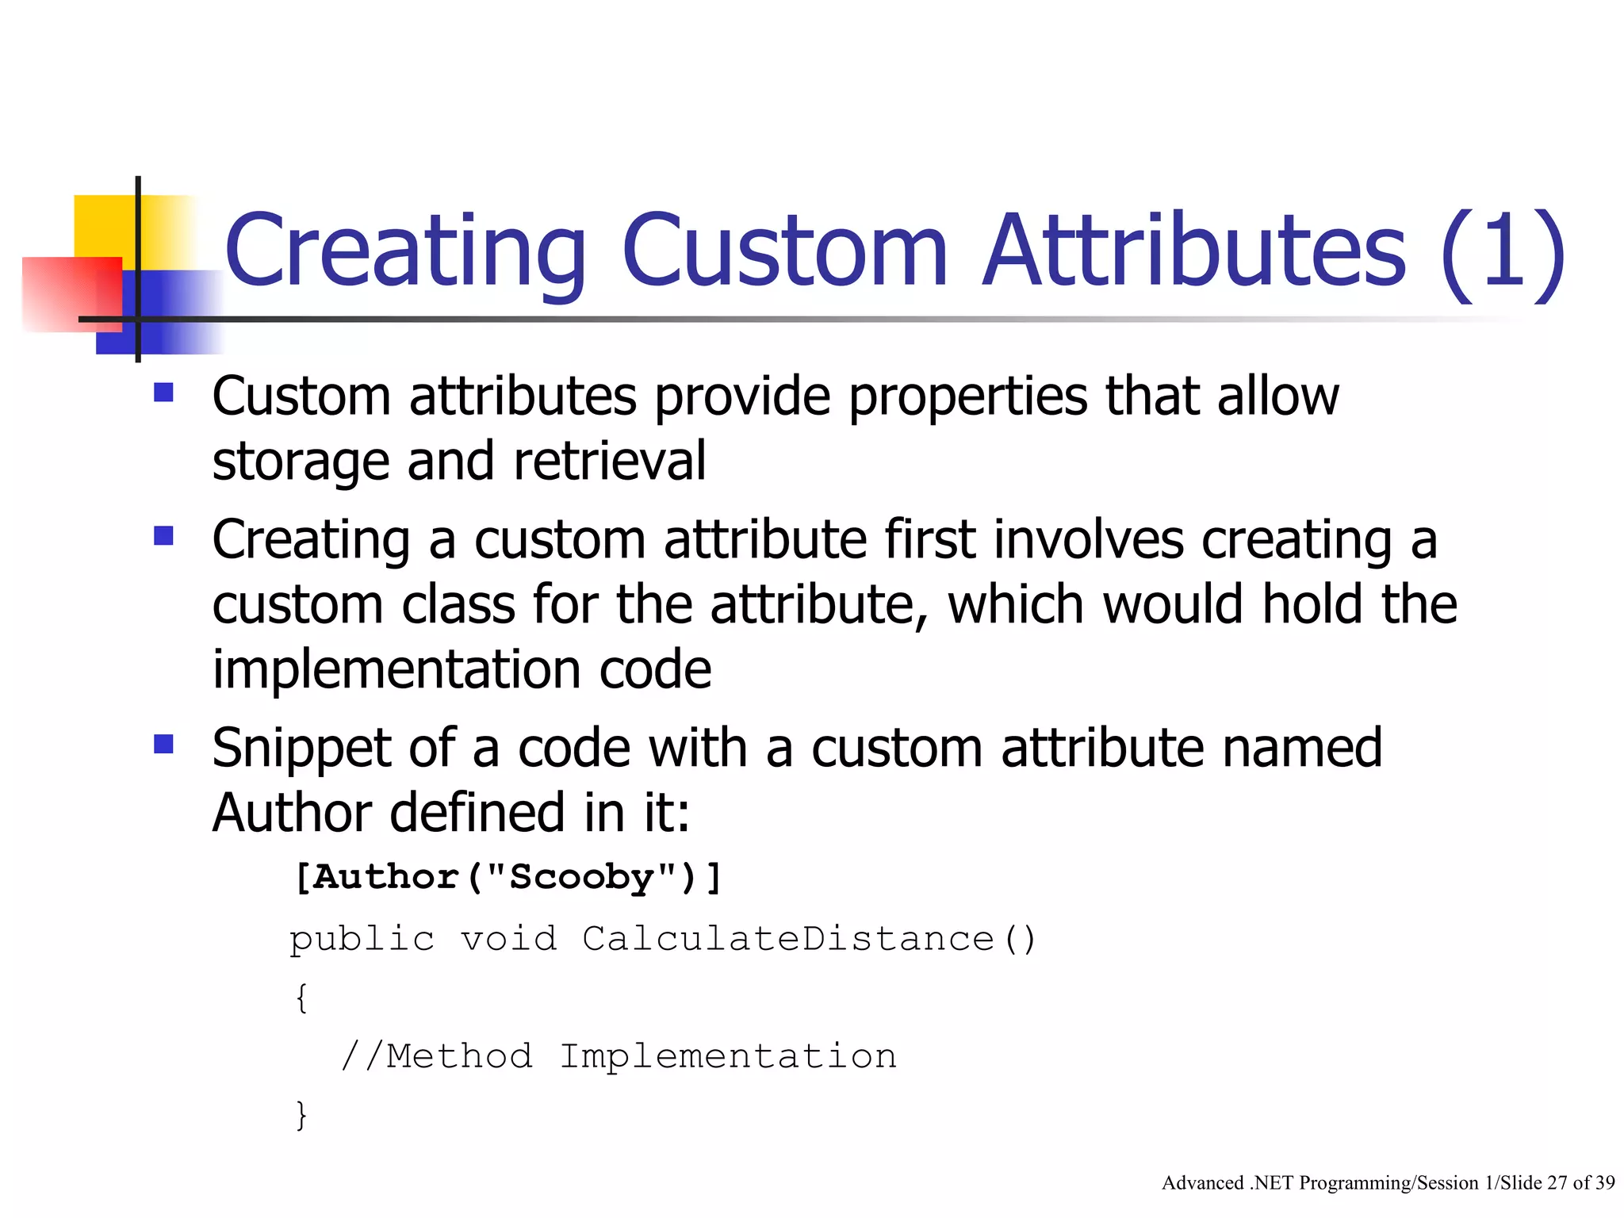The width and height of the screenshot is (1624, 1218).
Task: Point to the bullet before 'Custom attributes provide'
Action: [164, 393]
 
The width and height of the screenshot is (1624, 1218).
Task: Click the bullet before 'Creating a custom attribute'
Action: [164, 537]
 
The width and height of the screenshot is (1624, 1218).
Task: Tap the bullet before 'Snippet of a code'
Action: [164, 744]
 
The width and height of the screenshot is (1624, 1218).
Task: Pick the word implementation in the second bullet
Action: [396, 670]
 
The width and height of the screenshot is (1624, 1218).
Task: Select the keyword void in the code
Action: [508, 940]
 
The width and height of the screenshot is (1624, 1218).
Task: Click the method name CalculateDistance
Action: [788, 940]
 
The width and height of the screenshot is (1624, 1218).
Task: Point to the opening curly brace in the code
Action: [301, 998]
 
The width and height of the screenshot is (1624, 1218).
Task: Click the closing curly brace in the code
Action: [301, 1115]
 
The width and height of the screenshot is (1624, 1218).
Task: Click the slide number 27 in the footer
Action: [1557, 1183]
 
